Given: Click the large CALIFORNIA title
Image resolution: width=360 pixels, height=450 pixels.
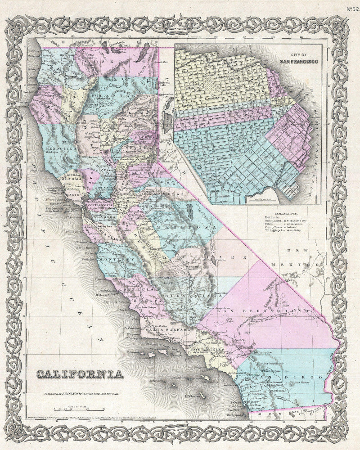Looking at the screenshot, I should [79, 374].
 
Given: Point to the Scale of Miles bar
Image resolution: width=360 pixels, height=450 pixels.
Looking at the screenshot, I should [79, 409].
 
